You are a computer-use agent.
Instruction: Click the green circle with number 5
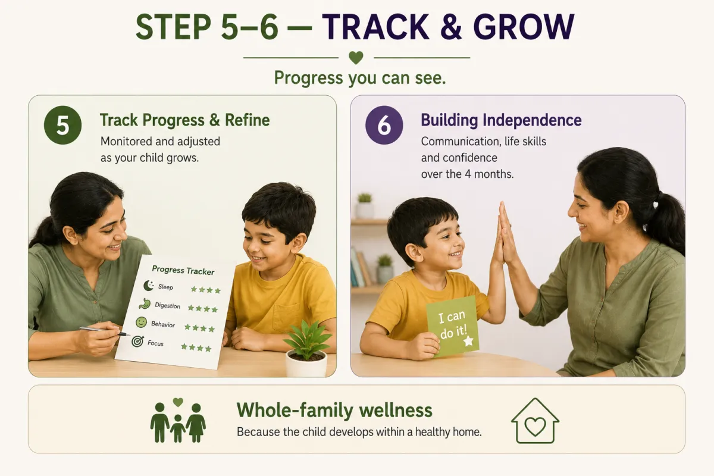coord(63,125)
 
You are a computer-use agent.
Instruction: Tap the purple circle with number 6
coord(384,125)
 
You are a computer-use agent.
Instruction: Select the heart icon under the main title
coord(356,58)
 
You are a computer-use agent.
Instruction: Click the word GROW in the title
coord(524,27)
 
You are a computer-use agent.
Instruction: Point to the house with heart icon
coord(535,421)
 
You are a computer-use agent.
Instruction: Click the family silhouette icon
coord(178,421)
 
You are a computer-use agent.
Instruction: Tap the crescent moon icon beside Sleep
coord(149,286)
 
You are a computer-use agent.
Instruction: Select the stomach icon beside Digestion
coord(145,304)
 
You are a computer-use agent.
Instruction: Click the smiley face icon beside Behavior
coord(141,322)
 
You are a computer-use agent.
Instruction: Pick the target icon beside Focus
coord(137,342)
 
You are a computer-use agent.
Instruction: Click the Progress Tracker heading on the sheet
coord(183,270)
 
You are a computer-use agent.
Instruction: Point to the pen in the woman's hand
coord(105,331)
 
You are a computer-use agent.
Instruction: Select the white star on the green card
coord(468,341)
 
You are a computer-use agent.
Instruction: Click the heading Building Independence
coord(501,120)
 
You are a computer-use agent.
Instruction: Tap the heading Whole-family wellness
coord(334,410)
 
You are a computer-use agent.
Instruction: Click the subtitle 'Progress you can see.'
coord(360,78)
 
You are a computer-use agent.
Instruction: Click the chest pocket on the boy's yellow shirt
coord(286,318)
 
